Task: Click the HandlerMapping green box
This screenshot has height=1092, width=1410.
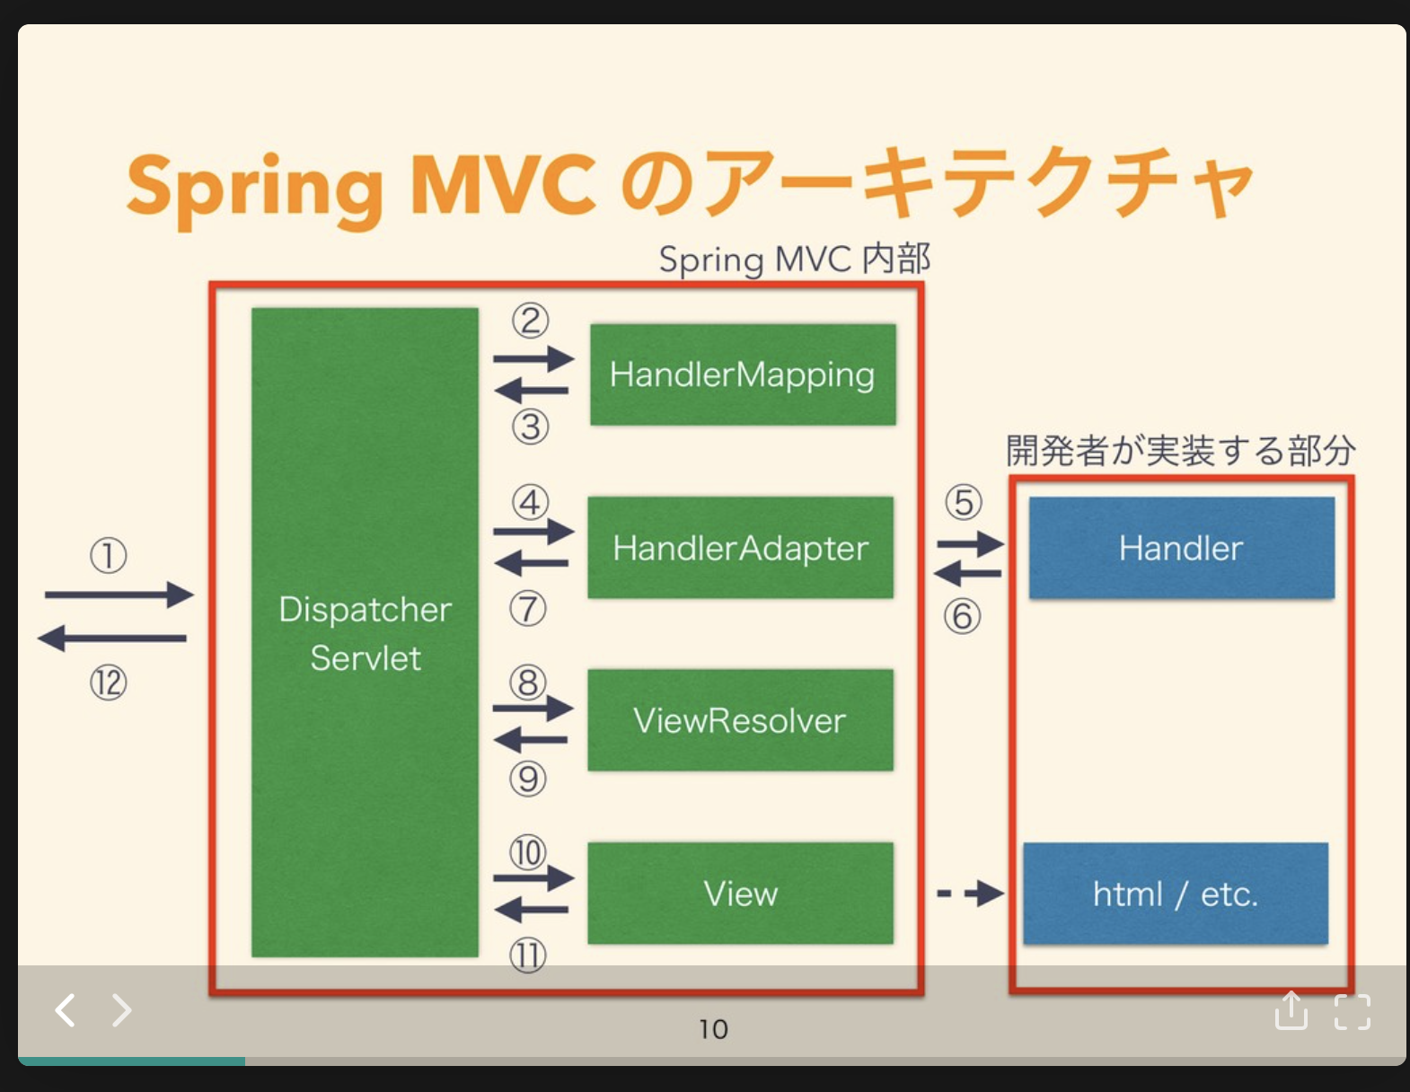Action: point(743,374)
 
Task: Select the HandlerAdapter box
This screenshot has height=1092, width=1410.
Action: point(740,548)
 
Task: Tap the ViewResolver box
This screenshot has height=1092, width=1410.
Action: point(740,720)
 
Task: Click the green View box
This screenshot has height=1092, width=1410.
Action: point(740,894)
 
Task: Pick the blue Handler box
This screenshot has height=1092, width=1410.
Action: point(1181,548)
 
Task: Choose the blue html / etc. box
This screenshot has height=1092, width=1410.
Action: point(1175,894)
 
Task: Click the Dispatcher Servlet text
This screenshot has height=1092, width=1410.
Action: point(365,633)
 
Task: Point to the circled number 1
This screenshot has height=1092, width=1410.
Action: point(108,556)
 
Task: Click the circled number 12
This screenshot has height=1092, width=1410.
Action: point(108,683)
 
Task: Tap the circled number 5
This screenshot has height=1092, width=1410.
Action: point(964,503)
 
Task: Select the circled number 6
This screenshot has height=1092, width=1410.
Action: point(962,617)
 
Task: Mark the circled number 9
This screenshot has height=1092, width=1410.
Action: point(528,779)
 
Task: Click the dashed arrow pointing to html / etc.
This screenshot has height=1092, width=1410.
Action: point(970,894)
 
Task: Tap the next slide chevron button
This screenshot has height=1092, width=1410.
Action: point(121,1010)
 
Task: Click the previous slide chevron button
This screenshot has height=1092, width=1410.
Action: point(65,1010)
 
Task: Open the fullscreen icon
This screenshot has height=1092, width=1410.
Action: point(1352,1012)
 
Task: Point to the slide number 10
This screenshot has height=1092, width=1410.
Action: point(713,1029)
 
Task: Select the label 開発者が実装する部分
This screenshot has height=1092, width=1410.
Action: point(1180,450)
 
